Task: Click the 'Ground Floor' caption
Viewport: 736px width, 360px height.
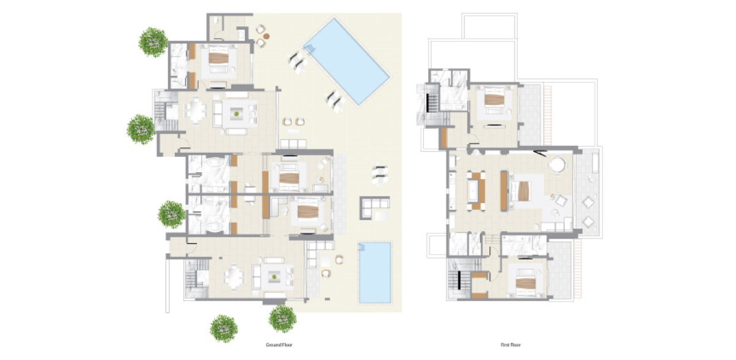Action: point(279,345)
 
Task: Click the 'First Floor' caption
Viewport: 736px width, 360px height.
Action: point(510,345)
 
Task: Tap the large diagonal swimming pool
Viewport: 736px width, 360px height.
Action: point(347,61)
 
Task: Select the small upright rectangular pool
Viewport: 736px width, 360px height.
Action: point(375,273)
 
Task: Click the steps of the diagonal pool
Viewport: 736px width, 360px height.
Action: point(310,49)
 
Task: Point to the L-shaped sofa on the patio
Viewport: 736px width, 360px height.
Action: point(375,207)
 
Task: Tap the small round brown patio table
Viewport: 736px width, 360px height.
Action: point(266,36)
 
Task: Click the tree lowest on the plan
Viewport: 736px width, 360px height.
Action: point(224,329)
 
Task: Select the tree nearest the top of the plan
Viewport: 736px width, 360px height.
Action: point(153,42)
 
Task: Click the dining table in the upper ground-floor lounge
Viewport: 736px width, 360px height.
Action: point(196,110)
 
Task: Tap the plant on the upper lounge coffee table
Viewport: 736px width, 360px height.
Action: point(236,114)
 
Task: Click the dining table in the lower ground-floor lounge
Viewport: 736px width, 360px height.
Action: point(234,276)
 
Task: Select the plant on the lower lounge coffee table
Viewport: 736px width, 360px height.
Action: point(274,277)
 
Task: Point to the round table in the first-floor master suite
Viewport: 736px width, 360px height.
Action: point(558,164)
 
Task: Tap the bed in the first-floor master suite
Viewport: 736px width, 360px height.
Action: point(520,191)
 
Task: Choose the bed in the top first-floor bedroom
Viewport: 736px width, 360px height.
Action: point(494,99)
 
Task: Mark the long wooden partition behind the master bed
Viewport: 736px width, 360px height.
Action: point(504,191)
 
